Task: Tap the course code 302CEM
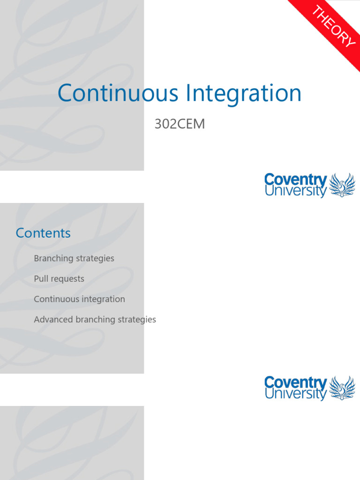[x=180, y=125]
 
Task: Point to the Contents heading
[x=43, y=233]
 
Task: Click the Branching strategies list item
[x=74, y=258]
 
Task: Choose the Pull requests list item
[x=59, y=279]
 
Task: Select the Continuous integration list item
[x=79, y=299]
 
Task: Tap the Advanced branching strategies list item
[x=95, y=320]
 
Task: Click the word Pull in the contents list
[x=41, y=279]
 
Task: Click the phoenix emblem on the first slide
[x=342, y=185]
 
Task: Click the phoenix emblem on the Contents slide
[x=342, y=388]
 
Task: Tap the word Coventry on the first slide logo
[x=295, y=180]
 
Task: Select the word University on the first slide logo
[x=295, y=191]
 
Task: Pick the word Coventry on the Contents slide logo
[x=295, y=382]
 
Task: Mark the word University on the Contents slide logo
[x=295, y=394]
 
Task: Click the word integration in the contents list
[x=103, y=300]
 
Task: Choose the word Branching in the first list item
[x=54, y=259]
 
